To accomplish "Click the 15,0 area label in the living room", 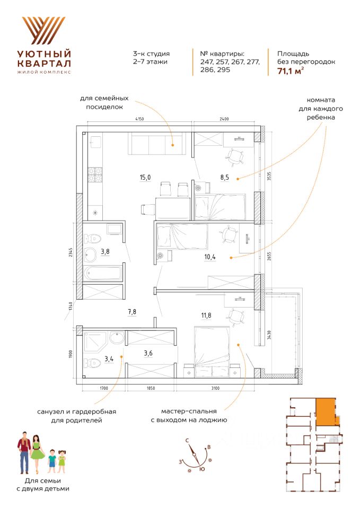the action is tap(145, 178).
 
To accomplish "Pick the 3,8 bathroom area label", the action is tap(107, 251).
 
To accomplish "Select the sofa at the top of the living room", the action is tap(157, 144).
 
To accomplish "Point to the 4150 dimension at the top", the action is tap(139, 120).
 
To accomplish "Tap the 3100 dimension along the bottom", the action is tap(214, 389).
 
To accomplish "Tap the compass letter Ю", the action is tap(201, 469).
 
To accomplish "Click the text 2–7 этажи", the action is tap(152, 62).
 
